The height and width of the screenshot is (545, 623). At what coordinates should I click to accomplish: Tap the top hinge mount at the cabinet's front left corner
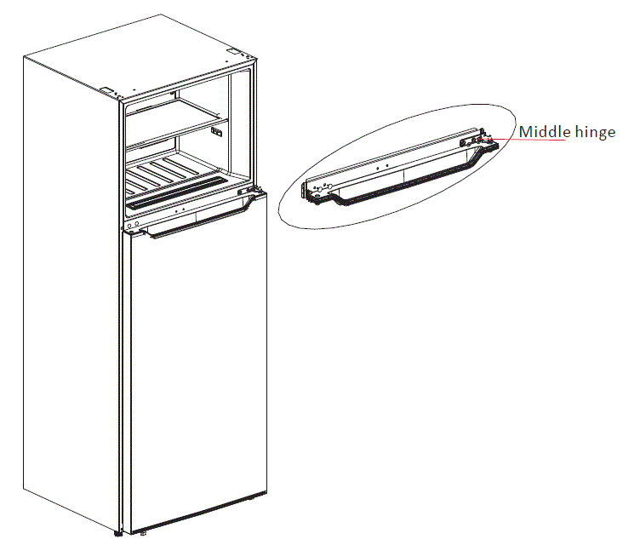pos(108,89)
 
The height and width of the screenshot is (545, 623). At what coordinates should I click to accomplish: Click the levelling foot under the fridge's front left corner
pos(117,536)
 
